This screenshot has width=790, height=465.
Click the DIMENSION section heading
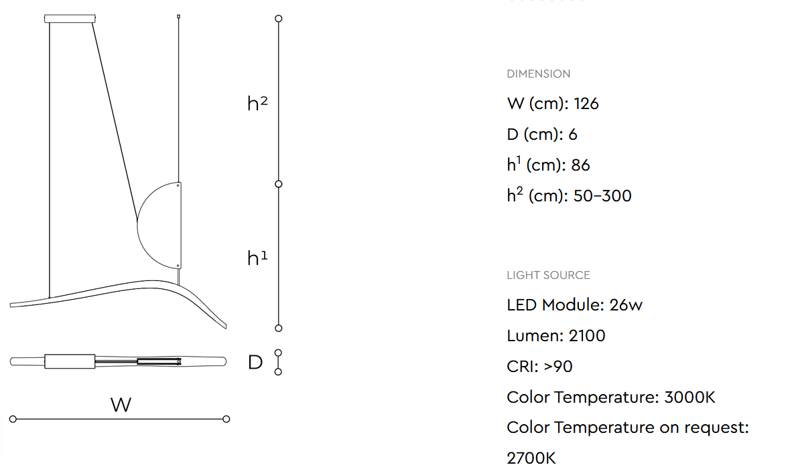538,74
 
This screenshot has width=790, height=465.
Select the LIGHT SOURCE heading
548,275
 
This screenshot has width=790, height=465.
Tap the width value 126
586,104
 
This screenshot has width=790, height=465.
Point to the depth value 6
573,134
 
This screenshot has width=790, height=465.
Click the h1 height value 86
580,165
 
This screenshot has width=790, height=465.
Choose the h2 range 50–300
602,196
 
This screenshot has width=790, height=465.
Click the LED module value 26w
626,305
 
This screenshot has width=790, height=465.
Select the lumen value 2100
586,336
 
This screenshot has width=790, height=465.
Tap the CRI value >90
558,367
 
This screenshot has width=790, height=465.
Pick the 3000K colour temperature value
689,397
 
